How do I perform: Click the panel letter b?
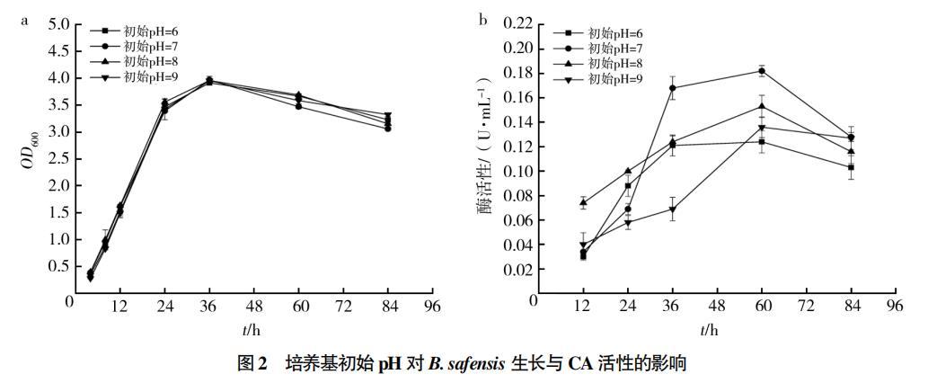click(482, 17)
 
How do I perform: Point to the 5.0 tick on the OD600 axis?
click(57, 24)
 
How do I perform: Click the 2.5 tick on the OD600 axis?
click(57, 159)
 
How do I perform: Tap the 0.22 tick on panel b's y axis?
click(519, 23)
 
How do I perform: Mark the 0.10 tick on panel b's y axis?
click(519, 171)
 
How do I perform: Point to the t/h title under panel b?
click(710, 330)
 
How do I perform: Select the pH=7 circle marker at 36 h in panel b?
click(672, 87)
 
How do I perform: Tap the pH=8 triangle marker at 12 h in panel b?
click(583, 202)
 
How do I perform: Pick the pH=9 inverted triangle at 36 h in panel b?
click(672, 209)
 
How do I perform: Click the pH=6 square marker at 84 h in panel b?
click(851, 167)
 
